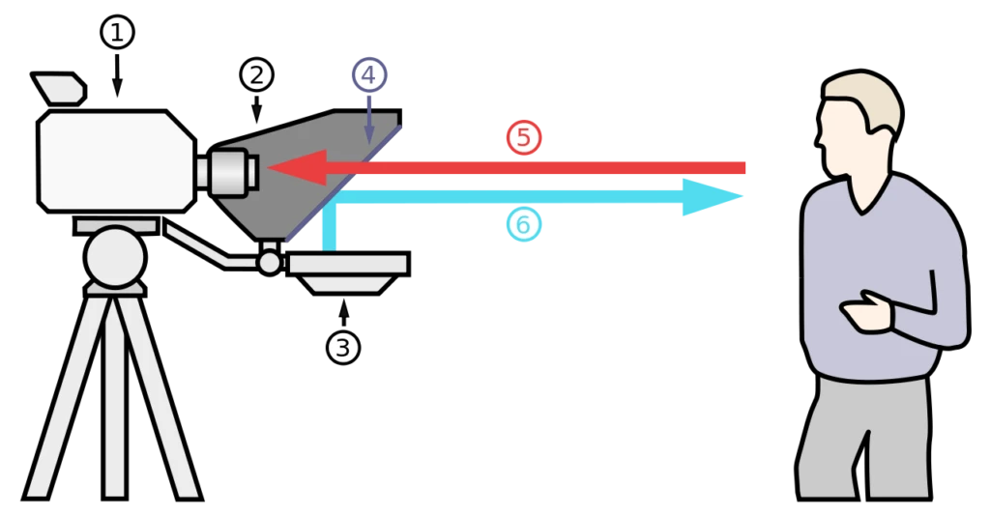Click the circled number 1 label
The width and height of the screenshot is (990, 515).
tap(117, 33)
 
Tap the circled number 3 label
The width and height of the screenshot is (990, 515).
tap(343, 347)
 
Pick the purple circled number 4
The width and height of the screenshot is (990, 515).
tap(368, 74)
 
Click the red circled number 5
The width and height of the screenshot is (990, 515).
tap(524, 138)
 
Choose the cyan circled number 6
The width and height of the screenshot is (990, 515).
tap(522, 225)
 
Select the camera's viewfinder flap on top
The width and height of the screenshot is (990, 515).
tap(59, 89)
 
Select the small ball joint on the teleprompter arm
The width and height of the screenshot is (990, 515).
tap(269, 261)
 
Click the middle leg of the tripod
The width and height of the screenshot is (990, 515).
tap(115, 386)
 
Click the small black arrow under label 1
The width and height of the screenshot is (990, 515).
tap(118, 77)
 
